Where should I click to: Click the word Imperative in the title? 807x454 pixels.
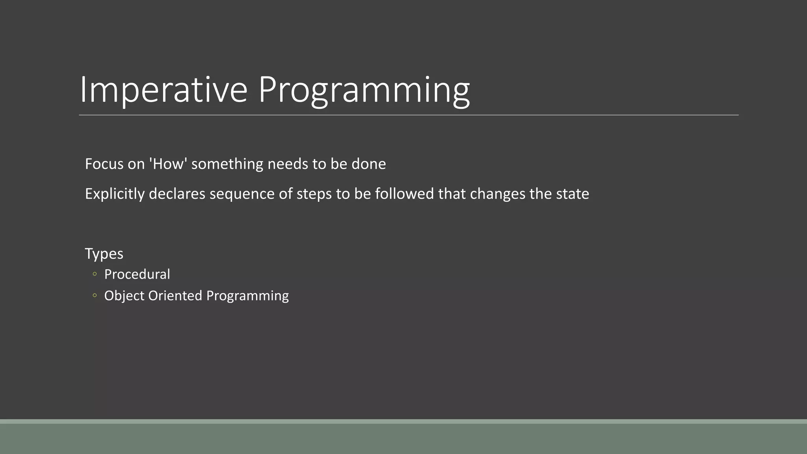pos(163,90)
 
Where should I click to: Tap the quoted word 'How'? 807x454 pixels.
pos(168,164)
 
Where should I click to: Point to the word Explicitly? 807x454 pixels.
pos(115,194)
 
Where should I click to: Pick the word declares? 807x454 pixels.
pos(177,194)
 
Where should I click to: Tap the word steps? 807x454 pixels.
pos(314,194)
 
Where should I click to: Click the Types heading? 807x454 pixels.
pos(104,254)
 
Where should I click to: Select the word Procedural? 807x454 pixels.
pos(137,274)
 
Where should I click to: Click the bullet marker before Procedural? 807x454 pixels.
pos(95,274)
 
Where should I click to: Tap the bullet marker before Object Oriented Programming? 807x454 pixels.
pos(95,295)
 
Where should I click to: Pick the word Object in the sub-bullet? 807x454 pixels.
pos(124,296)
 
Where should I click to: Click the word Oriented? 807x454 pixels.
pos(175,296)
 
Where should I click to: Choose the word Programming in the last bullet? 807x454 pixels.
pos(247,296)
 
